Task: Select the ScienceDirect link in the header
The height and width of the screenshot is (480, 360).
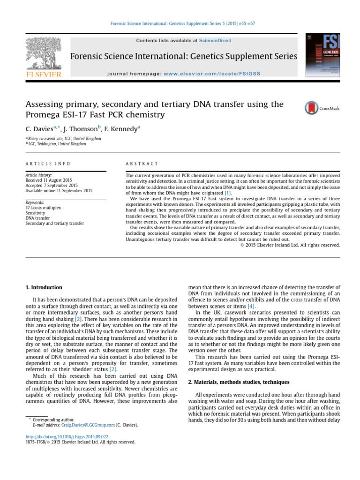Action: (x=215, y=41)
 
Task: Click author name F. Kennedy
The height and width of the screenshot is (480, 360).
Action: (x=121, y=127)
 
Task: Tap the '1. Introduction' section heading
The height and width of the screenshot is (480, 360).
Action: (x=44, y=287)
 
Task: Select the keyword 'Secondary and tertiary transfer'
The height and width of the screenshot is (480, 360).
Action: (x=55, y=224)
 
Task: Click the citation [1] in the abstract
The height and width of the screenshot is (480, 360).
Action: (x=228, y=193)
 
